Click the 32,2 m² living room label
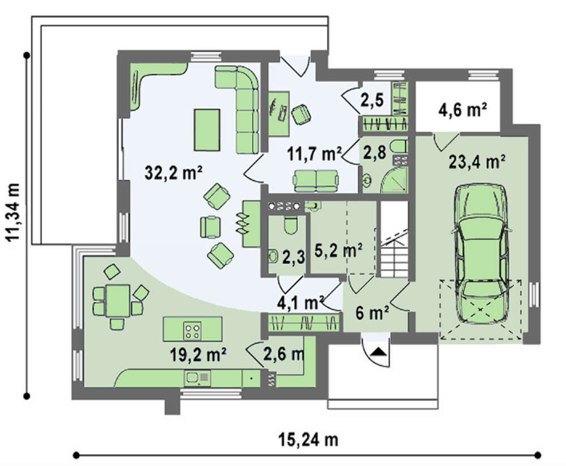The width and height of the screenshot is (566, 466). click(173, 172)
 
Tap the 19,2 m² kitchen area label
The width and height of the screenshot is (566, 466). click(198, 355)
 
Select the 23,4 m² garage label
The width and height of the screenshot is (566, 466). click(477, 162)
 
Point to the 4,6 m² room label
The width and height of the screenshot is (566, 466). click(463, 109)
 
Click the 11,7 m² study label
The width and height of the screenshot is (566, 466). click(314, 154)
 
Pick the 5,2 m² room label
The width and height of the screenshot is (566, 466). click(338, 250)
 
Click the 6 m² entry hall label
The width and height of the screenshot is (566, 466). click(372, 312)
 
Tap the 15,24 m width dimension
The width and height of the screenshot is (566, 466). click(308, 439)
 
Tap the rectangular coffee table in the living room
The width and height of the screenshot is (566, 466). click(207, 130)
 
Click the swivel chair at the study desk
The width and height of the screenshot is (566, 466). click(301, 114)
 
